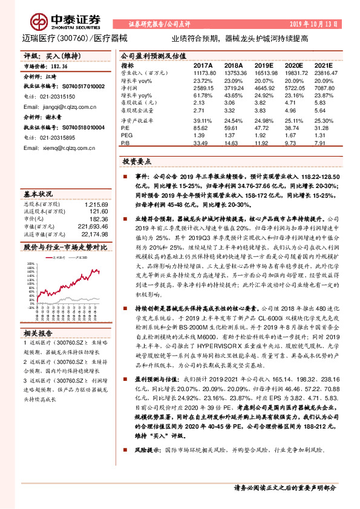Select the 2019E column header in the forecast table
click(x=264, y=65)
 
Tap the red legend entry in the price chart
click(x=54, y=257)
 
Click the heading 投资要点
click(x=137, y=163)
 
